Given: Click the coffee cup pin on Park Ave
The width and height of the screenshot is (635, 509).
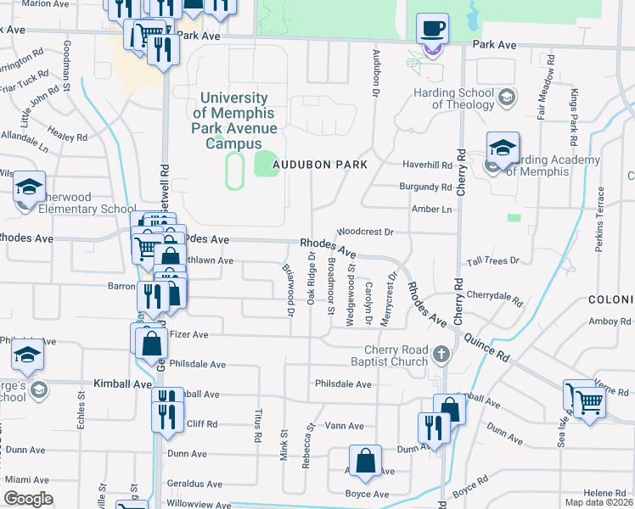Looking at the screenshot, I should tap(432, 29).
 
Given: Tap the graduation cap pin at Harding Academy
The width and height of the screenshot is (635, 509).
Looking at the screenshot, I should tap(503, 148).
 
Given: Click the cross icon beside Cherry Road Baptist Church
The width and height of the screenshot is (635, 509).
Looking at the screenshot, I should tap(440, 353).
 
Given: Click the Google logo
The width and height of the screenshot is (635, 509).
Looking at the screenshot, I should tap(28, 499).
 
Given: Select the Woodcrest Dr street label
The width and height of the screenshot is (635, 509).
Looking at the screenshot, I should tap(366, 231).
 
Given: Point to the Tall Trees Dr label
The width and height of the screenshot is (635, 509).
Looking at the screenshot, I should tap(492, 261).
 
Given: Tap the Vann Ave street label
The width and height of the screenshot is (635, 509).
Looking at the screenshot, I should tap(345, 426).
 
